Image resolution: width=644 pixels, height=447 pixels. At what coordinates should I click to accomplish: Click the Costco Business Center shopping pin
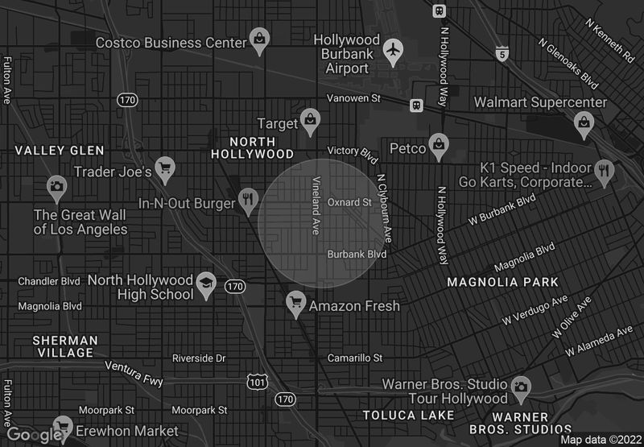259,39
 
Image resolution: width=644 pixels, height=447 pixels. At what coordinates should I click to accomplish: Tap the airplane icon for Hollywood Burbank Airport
393,50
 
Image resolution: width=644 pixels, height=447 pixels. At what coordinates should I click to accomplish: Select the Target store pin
310,121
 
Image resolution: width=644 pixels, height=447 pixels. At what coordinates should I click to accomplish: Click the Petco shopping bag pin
437,144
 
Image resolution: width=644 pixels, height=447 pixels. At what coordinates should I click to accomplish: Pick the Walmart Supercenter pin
583,122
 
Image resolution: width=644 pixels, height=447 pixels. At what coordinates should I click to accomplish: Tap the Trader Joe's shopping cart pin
165,168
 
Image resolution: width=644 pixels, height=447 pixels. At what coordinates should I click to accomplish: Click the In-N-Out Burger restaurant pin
249,198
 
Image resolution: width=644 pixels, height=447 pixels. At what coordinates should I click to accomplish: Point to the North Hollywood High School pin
206,284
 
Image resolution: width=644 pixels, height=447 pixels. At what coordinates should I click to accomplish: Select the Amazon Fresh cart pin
296,303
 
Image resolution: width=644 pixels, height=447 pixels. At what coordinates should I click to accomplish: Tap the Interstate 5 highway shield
502,53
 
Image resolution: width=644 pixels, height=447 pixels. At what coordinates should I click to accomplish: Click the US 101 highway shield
257,381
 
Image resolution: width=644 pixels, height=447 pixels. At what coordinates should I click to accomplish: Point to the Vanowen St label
353,98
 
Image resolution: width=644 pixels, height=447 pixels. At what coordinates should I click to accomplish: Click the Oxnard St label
349,202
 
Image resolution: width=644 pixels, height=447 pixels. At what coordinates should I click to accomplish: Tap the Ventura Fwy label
133,373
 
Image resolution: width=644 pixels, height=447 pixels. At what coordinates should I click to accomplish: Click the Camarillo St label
354,358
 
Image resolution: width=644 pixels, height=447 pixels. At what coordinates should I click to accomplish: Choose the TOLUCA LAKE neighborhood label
408,416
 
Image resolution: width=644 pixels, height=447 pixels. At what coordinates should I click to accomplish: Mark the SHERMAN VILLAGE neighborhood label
65,346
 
